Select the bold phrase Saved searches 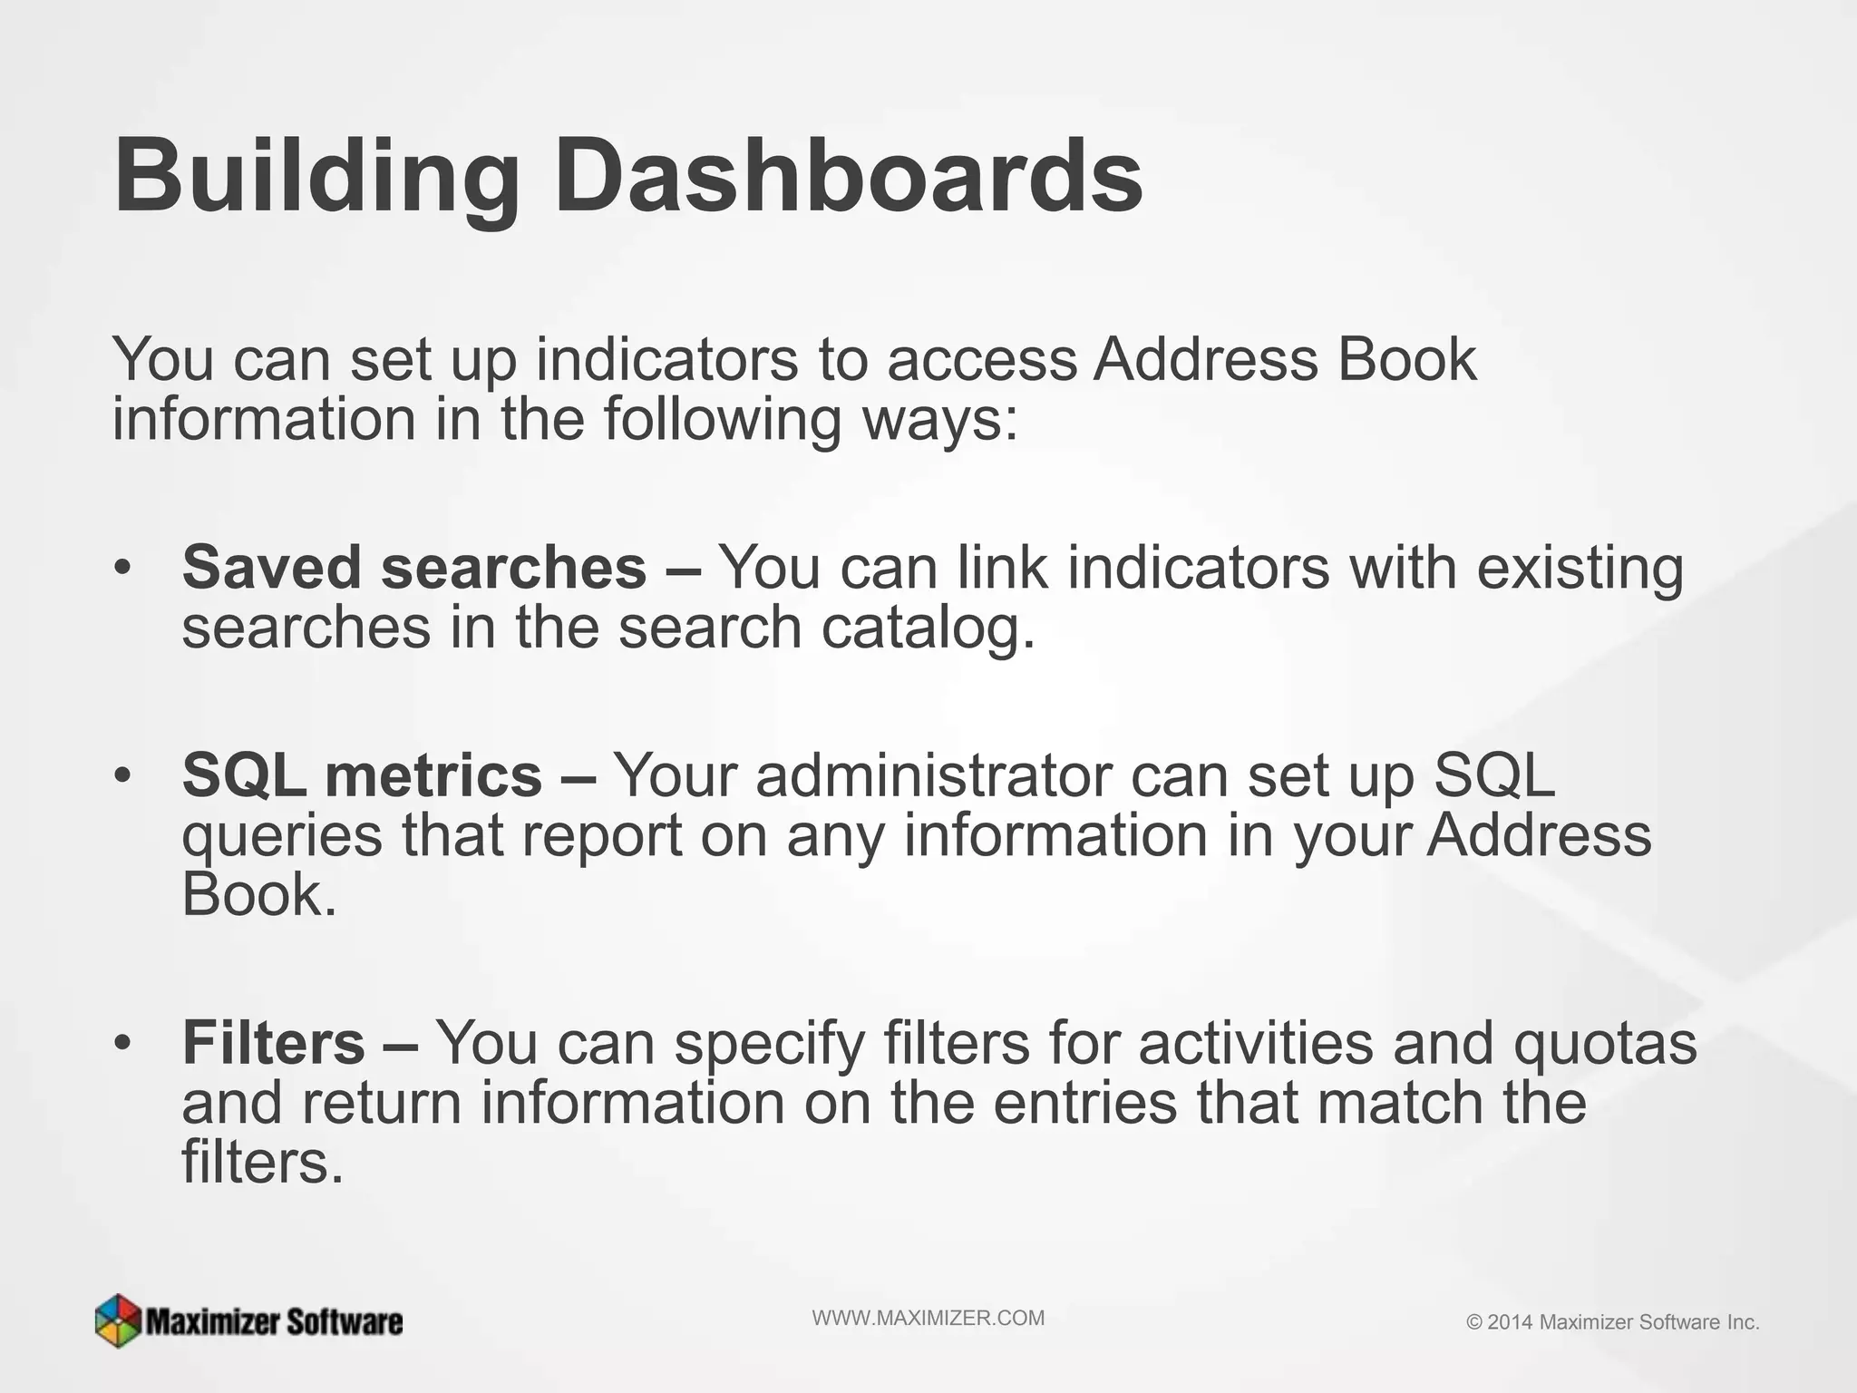(x=414, y=568)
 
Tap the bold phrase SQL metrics (x=362, y=776)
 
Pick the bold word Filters (x=273, y=1043)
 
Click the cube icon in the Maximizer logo (x=118, y=1320)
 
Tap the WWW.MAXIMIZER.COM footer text (x=928, y=1319)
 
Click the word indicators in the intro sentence (x=666, y=359)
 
